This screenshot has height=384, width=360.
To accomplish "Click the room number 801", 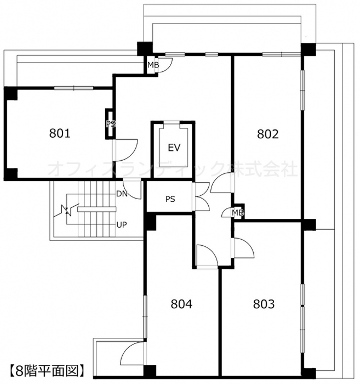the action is tap(60, 133).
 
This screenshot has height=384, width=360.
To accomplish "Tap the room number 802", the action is tap(268, 134).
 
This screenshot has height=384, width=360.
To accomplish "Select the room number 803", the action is tap(264, 304).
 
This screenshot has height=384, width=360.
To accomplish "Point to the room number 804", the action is tap(181, 304).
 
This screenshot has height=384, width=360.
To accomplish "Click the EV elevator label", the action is tap(174, 148).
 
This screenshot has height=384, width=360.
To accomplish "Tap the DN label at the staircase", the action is tap(122, 194).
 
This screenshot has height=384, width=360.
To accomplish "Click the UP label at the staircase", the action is tap(122, 224).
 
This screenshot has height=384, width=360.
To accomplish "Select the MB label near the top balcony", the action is tap(153, 65).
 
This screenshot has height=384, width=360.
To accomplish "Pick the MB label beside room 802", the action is tap(238, 213).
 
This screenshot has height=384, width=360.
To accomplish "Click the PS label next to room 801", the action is tap(111, 124).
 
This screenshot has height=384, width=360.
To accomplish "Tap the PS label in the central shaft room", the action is tap(170, 199).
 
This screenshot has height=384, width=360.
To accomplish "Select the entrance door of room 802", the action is tap(222, 183).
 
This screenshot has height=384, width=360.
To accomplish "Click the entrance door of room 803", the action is tap(243, 247).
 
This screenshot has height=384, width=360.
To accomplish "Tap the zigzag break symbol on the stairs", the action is tap(66, 210).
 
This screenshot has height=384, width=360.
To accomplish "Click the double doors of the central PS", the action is tap(201, 196).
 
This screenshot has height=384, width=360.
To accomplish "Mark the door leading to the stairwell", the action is tap(132, 190).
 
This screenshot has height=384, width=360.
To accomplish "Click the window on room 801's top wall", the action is tap(73, 88).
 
